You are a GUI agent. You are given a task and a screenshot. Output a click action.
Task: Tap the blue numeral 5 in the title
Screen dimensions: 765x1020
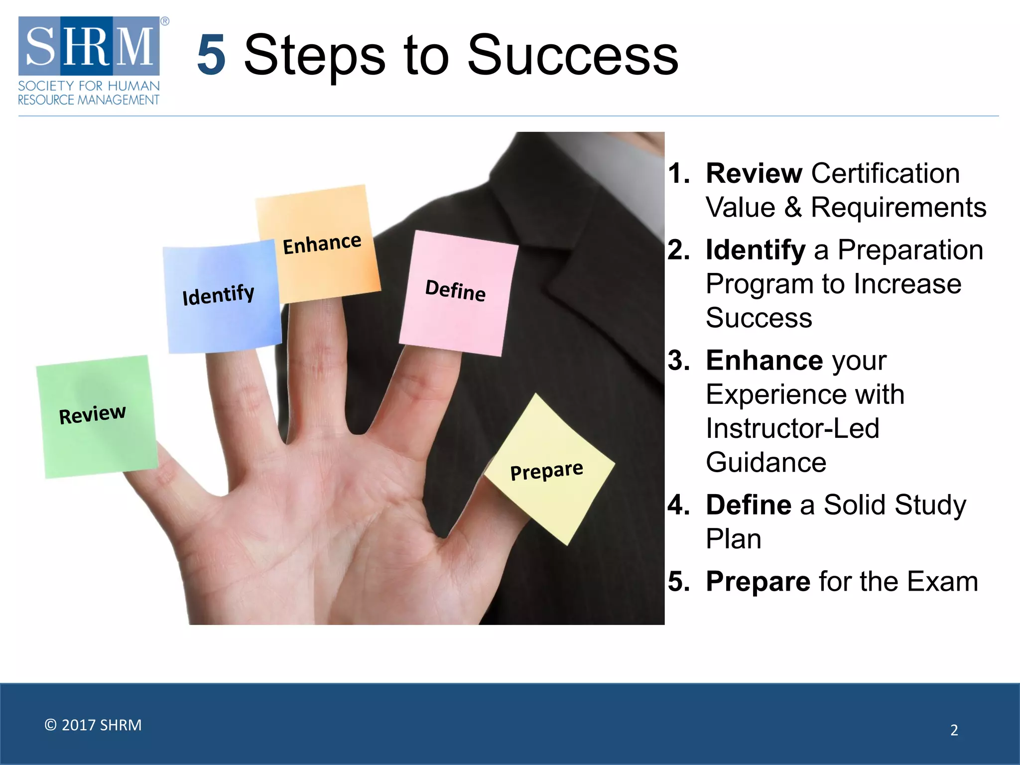pos(211,56)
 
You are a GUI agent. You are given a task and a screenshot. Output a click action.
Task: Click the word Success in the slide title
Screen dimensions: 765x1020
pos(573,56)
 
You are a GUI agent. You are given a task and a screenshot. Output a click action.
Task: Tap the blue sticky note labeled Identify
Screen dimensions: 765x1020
pos(222,299)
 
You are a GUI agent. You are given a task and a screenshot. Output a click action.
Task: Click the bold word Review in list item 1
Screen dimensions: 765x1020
pos(754,173)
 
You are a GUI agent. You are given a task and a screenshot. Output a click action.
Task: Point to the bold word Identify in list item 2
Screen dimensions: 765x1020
pos(755,250)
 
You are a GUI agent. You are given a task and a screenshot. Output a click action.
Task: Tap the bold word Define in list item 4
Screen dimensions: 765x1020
pos(748,505)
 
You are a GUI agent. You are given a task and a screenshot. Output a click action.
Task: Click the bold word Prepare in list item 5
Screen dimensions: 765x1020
pos(758,581)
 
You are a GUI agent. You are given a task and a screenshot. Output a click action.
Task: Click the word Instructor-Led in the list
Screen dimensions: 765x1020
pos(792,428)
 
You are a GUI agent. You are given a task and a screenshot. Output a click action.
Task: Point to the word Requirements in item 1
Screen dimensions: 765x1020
pos(898,207)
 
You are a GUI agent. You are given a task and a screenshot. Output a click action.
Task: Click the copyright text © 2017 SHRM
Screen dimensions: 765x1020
pos(93,725)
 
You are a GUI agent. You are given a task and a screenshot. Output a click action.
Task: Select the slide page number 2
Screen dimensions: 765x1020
pos(954,730)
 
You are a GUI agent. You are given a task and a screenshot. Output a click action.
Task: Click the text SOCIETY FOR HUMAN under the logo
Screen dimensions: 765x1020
pos(89,86)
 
